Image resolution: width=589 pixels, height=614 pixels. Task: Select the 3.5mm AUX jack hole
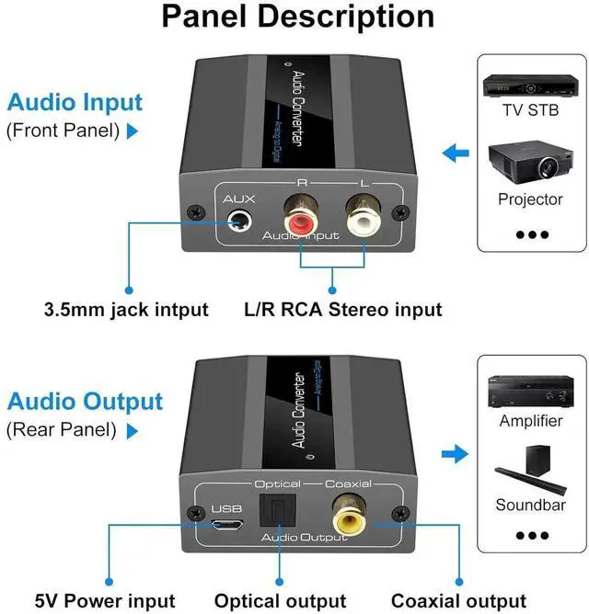pos(242,221)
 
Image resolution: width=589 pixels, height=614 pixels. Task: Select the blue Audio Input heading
pos(75,102)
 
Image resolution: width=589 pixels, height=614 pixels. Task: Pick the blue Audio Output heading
pos(85,402)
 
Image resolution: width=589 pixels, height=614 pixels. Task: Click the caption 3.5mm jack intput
pos(127,310)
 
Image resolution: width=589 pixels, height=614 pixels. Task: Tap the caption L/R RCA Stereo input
pos(342,310)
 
